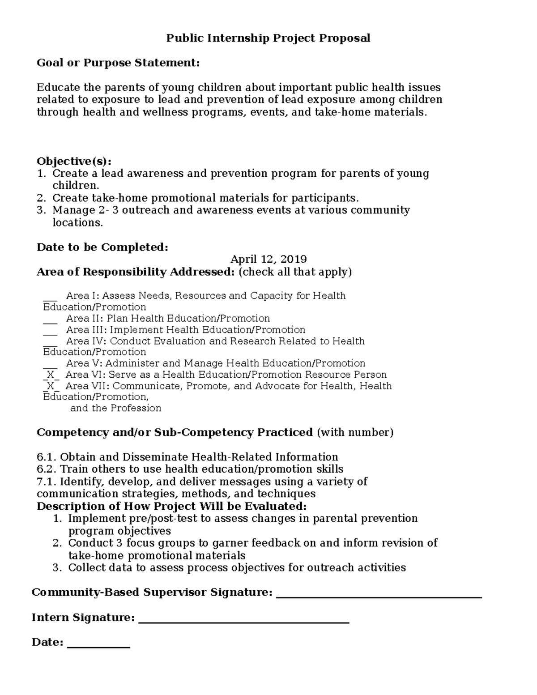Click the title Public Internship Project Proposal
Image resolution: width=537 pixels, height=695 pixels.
click(268, 38)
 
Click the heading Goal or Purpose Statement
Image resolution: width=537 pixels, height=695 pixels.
click(118, 63)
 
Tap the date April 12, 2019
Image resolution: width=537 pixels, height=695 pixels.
click(268, 259)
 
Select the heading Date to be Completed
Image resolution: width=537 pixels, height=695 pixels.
click(102, 247)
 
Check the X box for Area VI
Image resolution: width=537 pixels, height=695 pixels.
click(51, 375)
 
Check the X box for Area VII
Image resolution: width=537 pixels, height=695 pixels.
click(51, 386)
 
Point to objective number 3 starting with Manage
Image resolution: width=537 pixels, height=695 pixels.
click(231, 210)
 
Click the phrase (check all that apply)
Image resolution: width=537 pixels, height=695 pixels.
click(295, 272)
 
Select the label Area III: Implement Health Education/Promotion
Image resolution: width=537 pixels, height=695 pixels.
click(186, 330)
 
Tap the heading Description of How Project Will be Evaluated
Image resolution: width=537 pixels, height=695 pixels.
click(172, 506)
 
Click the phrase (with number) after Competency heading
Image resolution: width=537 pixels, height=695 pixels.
click(355, 432)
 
